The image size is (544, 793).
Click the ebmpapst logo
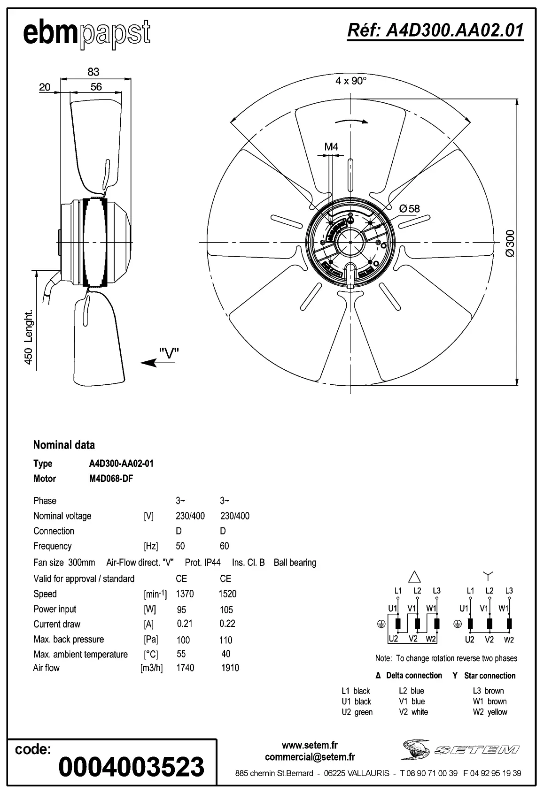point(87,34)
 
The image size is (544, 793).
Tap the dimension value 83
point(93,72)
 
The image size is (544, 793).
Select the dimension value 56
point(96,87)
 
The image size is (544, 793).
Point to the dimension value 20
point(45,87)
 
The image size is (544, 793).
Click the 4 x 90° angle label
point(350,81)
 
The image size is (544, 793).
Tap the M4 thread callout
point(331,147)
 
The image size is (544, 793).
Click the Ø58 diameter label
point(409,208)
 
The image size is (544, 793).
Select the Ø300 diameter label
point(511,243)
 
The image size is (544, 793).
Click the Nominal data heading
point(64,445)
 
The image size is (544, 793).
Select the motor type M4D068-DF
point(111,479)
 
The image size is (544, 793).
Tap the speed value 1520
point(227,594)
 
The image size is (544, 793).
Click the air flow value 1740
point(185,668)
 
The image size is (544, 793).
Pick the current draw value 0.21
point(185,624)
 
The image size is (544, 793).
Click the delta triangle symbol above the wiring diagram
point(415,576)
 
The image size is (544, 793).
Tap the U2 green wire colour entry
point(357,712)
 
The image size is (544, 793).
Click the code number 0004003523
point(131,767)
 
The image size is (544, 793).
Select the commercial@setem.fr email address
point(310,757)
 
